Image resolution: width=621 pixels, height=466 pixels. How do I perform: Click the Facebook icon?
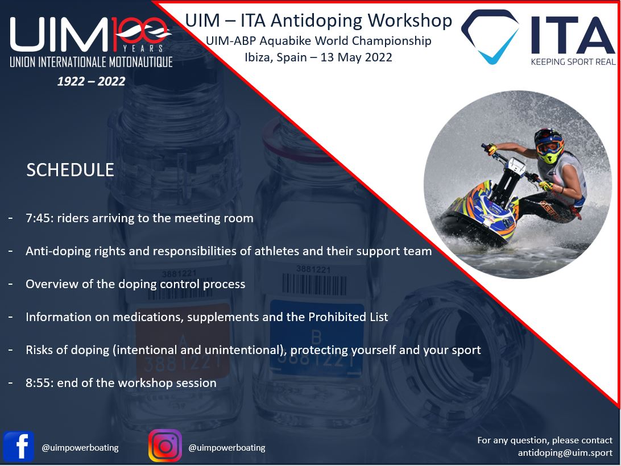click(x=19, y=447)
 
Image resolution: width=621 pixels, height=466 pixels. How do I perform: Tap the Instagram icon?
click(x=165, y=446)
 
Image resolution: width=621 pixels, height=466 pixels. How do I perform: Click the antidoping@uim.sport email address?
click(x=565, y=452)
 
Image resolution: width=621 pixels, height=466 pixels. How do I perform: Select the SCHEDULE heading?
click(x=70, y=170)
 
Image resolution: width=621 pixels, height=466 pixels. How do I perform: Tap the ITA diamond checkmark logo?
click(x=490, y=36)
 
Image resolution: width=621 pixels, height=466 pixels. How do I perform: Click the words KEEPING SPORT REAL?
click(x=573, y=62)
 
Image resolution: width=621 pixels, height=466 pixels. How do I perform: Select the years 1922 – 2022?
click(x=91, y=81)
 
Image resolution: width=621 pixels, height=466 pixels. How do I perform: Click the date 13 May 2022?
click(x=356, y=57)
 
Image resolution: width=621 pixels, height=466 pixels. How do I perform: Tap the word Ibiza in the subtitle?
click(x=259, y=57)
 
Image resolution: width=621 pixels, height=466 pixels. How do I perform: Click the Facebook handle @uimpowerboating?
click(x=80, y=448)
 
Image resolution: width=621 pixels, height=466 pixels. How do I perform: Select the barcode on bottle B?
click(x=314, y=285)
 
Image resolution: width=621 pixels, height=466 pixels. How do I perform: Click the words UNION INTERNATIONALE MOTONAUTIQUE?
click(x=91, y=62)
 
